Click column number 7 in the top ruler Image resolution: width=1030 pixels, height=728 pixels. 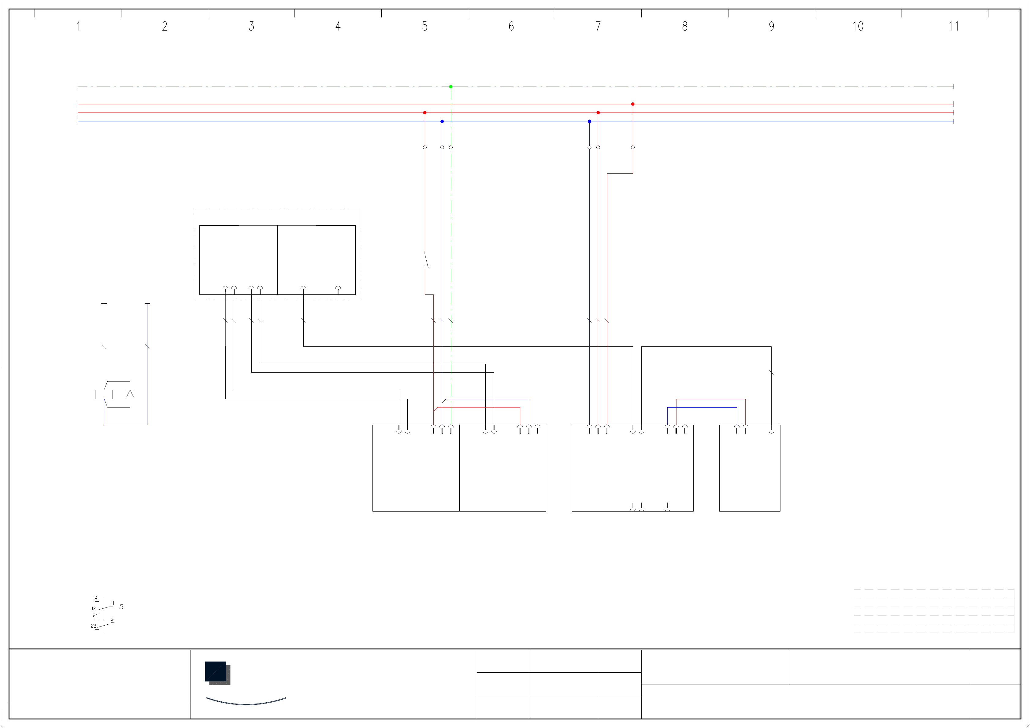pos(598,27)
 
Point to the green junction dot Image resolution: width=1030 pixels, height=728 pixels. pos(451,87)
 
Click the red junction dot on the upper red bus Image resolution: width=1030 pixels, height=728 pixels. pos(632,104)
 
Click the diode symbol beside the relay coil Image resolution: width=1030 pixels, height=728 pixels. pos(130,394)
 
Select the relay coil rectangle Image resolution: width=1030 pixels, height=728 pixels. pos(104,394)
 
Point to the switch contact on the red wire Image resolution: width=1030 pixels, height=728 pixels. pos(426,260)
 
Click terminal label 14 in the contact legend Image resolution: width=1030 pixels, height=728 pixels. pos(95,598)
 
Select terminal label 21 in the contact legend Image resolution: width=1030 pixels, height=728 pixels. pos(113,621)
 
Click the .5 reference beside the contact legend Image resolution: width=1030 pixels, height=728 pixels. pos(121,607)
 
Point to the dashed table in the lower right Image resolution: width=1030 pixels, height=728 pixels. pos(934,611)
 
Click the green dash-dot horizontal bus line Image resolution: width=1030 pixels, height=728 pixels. pos(269,87)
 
